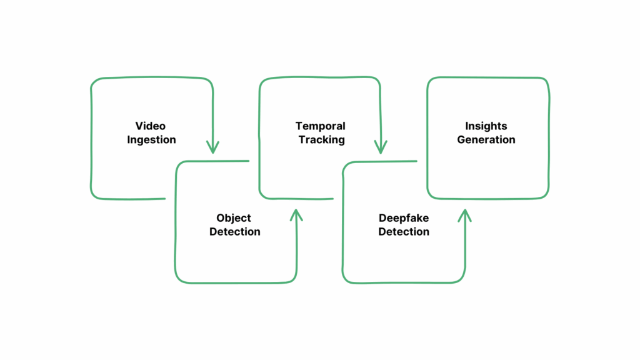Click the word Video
pos(151,126)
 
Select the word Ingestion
pos(151,140)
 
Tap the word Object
pos(234,218)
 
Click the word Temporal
pos(321,126)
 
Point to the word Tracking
pos(321,140)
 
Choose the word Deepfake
pos(404,218)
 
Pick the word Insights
pos(486,126)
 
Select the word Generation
pos(486,140)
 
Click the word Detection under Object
pos(235,232)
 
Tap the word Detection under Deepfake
pos(404,232)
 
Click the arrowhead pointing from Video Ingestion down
pos(212,147)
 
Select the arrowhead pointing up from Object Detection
pos(296,215)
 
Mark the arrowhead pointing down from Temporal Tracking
pos(380,147)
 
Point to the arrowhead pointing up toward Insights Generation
pos(464,215)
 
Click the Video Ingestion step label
pos(151,133)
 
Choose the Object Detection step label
pos(234,225)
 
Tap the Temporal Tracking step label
pos(321,133)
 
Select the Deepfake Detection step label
pos(404,225)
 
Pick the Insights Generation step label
pos(486,133)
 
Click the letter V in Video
pos(139,126)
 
